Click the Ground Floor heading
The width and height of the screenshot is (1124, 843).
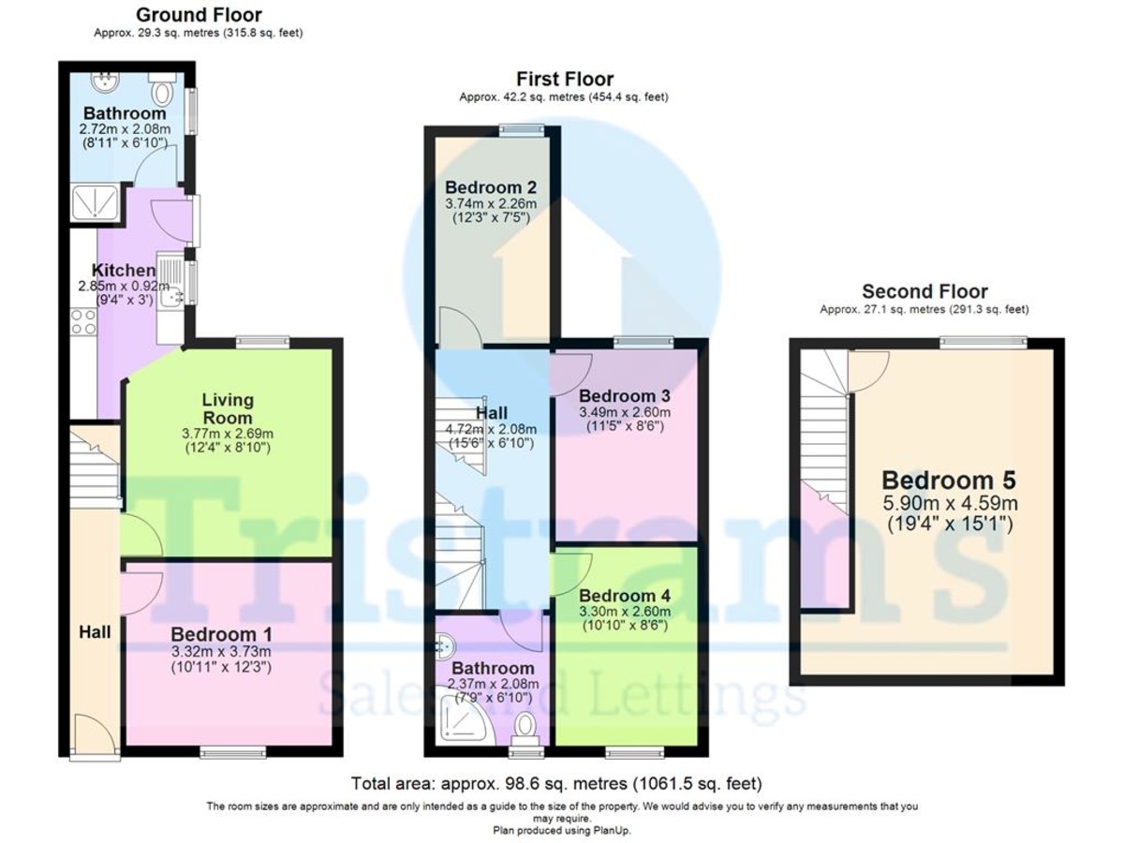pos(199,15)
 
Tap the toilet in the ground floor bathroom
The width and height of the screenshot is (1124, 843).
pos(164,90)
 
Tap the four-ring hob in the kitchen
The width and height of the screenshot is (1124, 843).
pos(82,321)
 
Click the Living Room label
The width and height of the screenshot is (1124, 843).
pos(228,408)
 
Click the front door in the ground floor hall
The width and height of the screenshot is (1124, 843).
pos(93,732)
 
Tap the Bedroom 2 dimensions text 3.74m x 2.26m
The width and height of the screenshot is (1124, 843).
pos(491,203)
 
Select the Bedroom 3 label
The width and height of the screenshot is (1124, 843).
pos(625,394)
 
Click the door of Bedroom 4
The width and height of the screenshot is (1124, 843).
pos(573,571)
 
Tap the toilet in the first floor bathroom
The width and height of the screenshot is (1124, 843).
pos(526,726)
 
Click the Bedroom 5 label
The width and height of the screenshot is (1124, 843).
pos(948,481)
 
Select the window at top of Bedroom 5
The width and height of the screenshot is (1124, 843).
pos(983,342)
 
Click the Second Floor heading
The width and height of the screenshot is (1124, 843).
pos(924,291)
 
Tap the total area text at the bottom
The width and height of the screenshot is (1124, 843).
pos(556,782)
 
